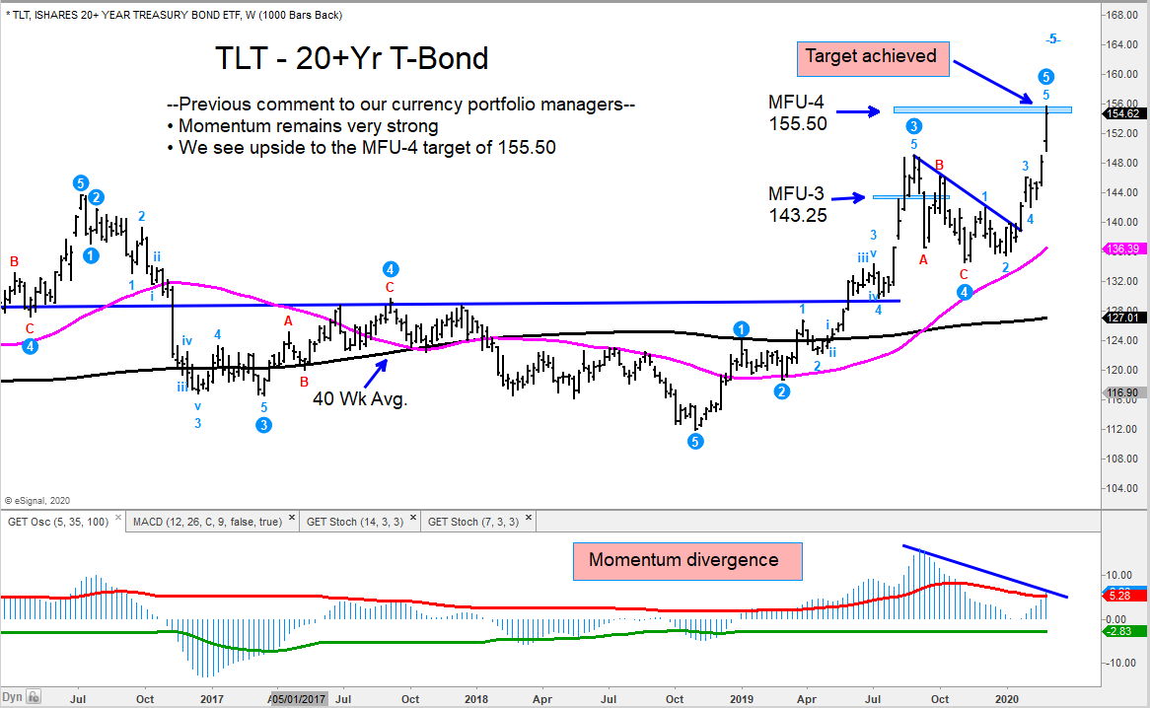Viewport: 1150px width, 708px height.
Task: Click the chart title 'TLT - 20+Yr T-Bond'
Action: pyautogui.click(x=352, y=58)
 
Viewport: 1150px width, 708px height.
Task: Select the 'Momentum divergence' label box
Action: pyautogui.click(x=683, y=560)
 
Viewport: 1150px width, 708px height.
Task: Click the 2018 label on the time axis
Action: pyautogui.click(x=476, y=699)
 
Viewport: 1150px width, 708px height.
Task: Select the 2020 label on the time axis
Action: pyautogui.click(x=1008, y=699)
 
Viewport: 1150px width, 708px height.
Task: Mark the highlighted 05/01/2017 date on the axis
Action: pyautogui.click(x=297, y=699)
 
